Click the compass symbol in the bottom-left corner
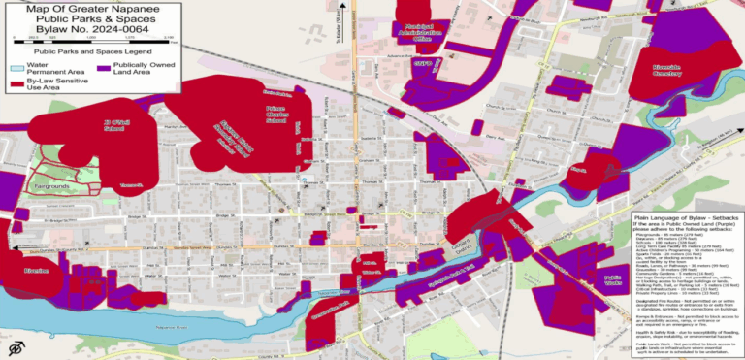click(x=15, y=346)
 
